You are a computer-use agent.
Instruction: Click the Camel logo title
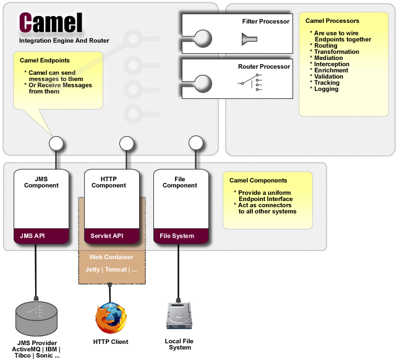pyautogui.click(x=51, y=22)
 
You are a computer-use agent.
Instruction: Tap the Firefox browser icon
pyautogui.click(x=111, y=318)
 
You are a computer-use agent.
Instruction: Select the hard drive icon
pyautogui.click(x=179, y=315)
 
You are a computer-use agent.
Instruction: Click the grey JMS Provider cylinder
pyautogui.click(x=36, y=319)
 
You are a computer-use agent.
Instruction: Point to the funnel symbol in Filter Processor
pyautogui.click(x=249, y=39)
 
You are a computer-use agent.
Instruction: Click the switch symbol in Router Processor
pyautogui.click(x=250, y=82)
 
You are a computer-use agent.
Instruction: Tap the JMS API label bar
pyautogui.click(x=41, y=236)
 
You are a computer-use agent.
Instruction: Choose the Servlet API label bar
pyautogui.click(x=112, y=236)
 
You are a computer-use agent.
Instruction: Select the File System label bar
pyautogui.click(x=181, y=236)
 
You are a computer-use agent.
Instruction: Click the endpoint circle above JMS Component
pyautogui.click(x=56, y=143)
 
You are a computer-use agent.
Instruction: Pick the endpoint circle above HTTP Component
pyautogui.click(x=126, y=143)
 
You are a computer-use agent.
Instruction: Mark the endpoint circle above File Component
pyautogui.click(x=195, y=143)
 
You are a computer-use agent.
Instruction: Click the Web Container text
pyautogui.click(x=111, y=257)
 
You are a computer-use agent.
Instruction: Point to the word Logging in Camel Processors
pyautogui.click(x=326, y=89)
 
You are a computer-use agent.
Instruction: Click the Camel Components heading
pyautogui.click(x=258, y=181)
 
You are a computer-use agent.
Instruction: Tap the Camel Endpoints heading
pyautogui.click(x=45, y=60)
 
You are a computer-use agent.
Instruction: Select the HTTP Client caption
pyautogui.click(x=111, y=342)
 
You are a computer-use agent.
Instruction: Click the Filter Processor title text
pyautogui.click(x=266, y=22)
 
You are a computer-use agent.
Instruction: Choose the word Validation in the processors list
pyautogui.click(x=328, y=77)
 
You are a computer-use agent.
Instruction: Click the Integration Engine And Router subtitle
pyautogui.click(x=64, y=41)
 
